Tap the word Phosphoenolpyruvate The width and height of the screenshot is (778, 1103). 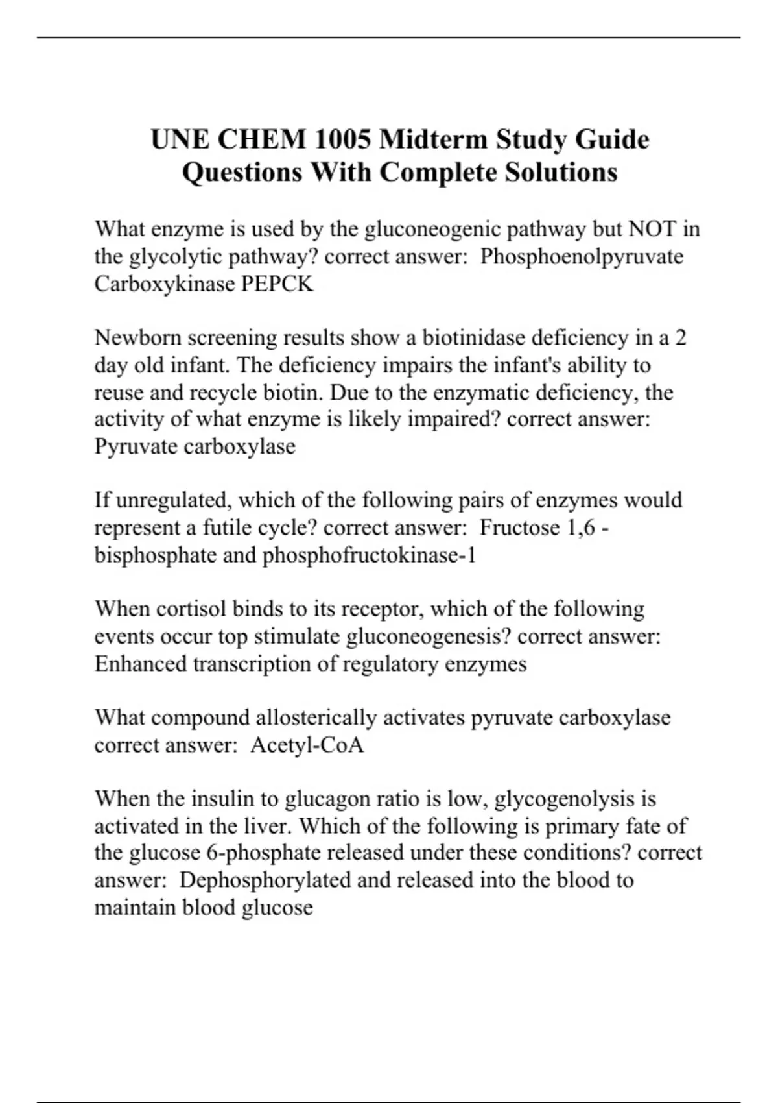pyautogui.click(x=582, y=256)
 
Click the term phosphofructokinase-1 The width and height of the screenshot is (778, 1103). pyautogui.click(x=369, y=555)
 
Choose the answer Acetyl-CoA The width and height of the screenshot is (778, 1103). pyautogui.click(x=307, y=745)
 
